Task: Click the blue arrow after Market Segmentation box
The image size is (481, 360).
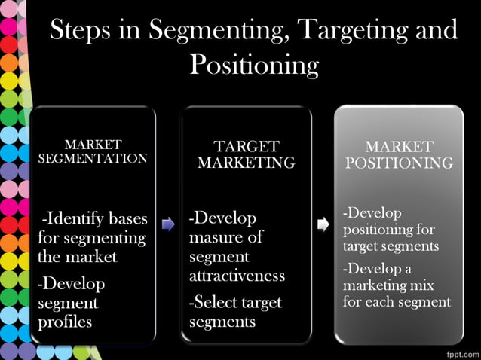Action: [x=168, y=224]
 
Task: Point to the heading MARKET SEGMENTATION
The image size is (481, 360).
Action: [x=93, y=151]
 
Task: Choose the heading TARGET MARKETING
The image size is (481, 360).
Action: [x=247, y=154]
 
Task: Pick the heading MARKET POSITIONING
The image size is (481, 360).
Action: [x=399, y=154]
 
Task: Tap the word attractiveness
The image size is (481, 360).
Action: [x=237, y=275]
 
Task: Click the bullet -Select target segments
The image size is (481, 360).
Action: [x=235, y=312]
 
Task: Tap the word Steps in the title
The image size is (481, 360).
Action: [x=84, y=30]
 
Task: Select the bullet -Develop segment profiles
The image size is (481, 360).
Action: [x=72, y=303]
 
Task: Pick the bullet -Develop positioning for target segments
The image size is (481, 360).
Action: [x=391, y=229]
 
